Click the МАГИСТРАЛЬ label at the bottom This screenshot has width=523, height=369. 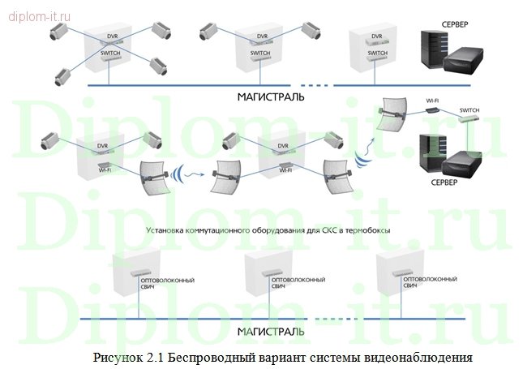pyautogui.click(x=271, y=332)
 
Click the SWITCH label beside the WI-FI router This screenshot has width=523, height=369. pyautogui.click(x=469, y=109)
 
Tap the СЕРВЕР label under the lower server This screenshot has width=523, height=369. pyautogui.click(x=445, y=182)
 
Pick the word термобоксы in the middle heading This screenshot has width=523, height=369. pyautogui.click(x=367, y=230)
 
